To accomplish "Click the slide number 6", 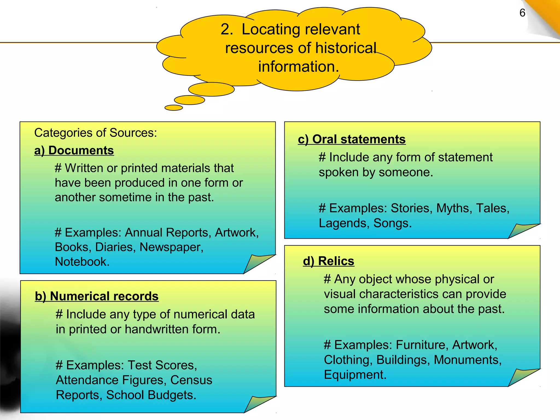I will coord(522,13).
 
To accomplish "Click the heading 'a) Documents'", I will coord(74,150).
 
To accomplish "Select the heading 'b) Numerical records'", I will coord(97,296).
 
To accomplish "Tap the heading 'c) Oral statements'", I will coord(352,139).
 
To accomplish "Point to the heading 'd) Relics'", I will coord(328,261).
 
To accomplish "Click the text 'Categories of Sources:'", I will coord(95,133).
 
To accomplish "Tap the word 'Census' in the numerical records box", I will coord(191,380).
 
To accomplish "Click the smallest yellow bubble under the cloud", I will coord(174,108).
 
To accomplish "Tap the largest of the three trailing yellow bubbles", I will coord(211,89).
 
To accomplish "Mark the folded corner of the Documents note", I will coord(256,263).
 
